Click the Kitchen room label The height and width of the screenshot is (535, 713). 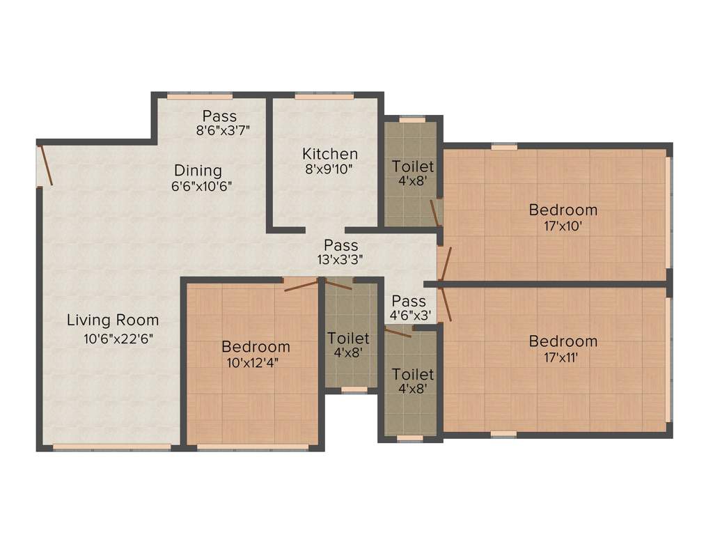tap(330, 154)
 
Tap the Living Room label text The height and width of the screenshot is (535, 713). tap(113, 320)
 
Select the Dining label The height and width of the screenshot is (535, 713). tap(198, 170)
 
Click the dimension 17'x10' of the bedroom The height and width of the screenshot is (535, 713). tap(563, 226)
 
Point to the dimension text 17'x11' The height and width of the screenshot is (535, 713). tap(563, 357)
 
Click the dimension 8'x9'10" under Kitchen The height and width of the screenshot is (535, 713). tap(330, 170)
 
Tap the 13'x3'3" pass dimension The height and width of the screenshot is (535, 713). tap(340, 261)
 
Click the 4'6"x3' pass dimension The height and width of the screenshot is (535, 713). tap(410, 315)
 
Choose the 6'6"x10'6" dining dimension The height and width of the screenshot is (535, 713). tap(202, 186)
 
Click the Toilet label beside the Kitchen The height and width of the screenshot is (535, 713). tap(413, 167)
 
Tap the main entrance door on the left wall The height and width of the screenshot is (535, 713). tap(45, 164)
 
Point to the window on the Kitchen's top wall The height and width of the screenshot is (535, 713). tap(314, 96)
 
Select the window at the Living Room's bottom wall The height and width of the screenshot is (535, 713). tap(112, 447)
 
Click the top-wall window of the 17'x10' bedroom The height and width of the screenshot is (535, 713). tap(504, 147)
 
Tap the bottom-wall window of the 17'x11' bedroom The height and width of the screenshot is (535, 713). tap(503, 434)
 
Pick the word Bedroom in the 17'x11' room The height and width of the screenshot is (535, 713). tap(563, 341)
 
